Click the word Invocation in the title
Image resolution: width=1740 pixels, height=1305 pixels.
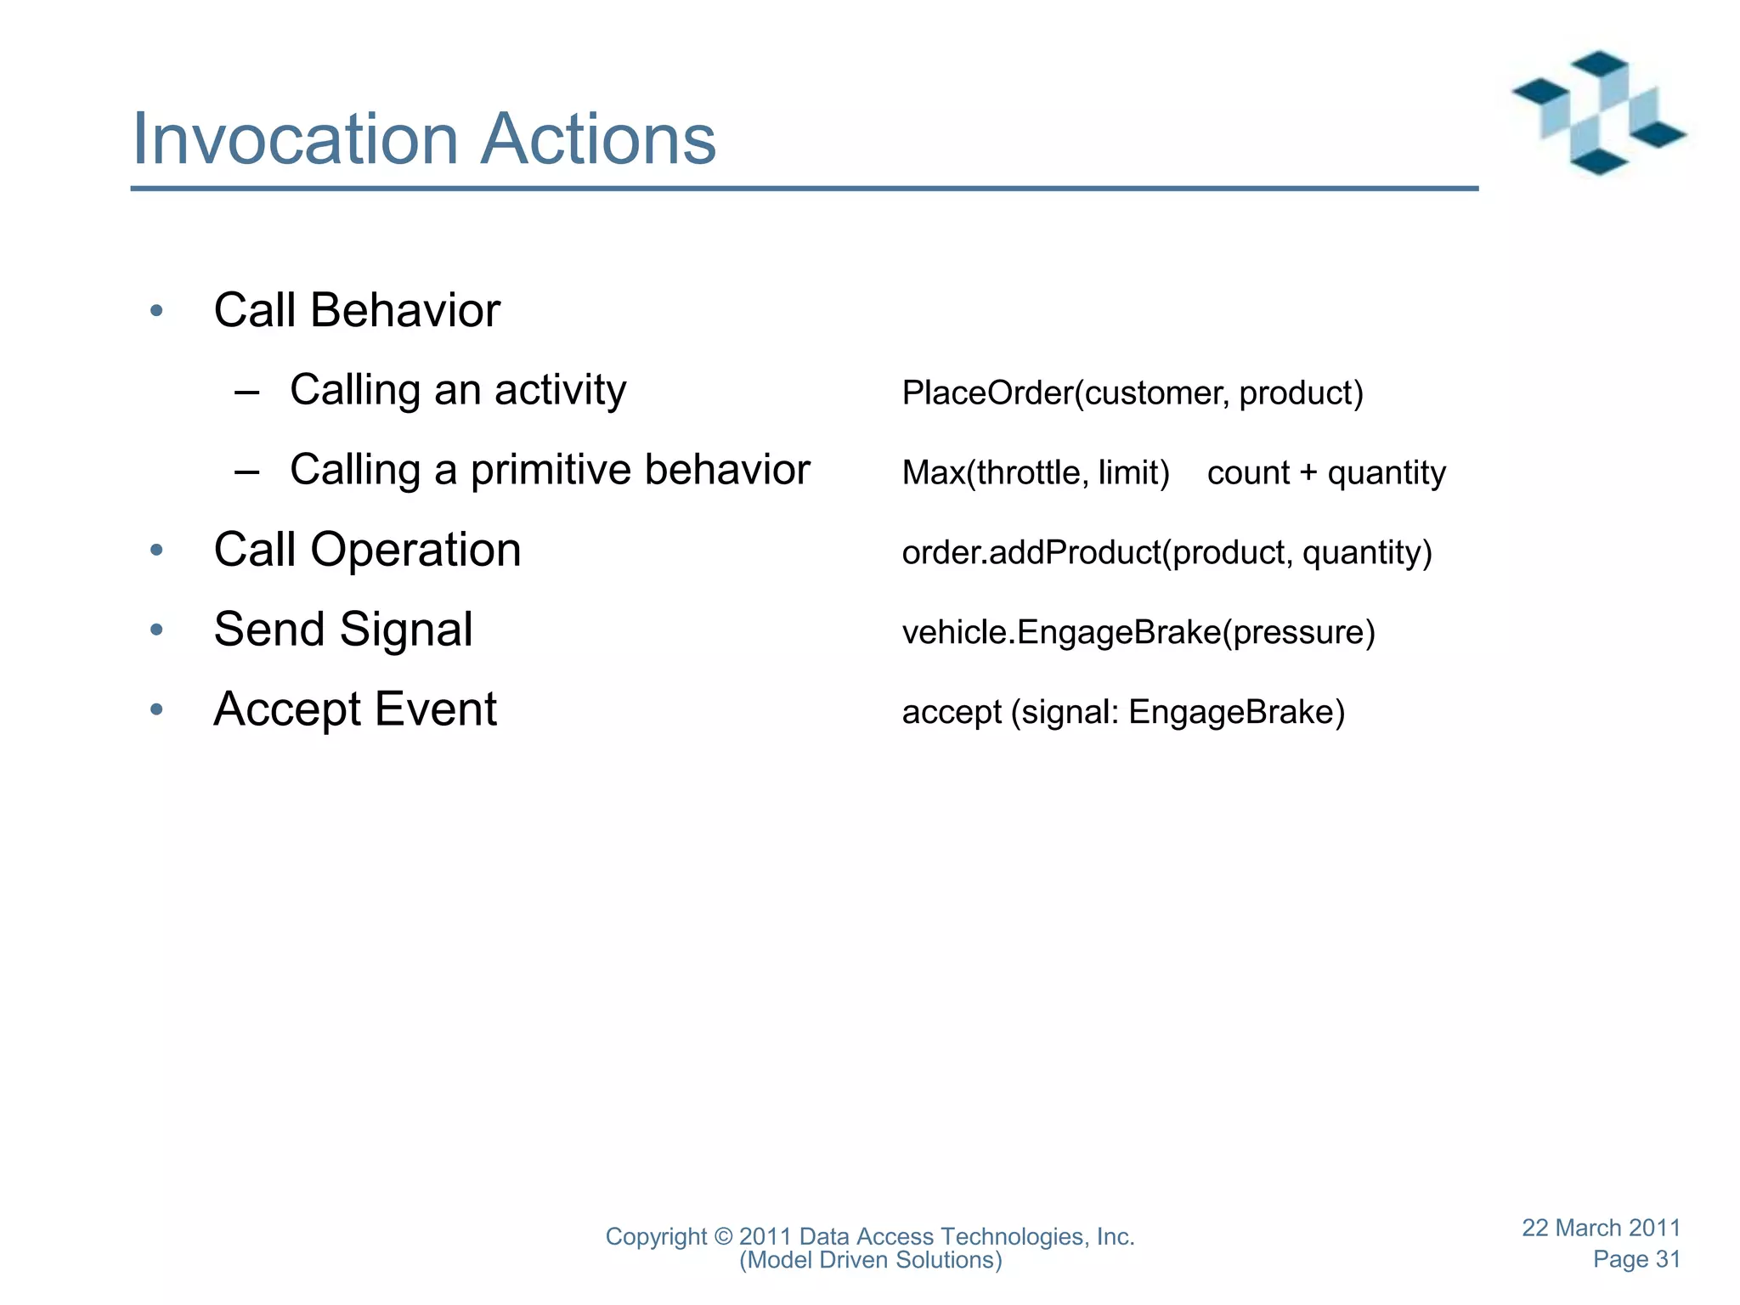(x=296, y=139)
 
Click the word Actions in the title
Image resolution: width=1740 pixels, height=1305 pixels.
(x=598, y=139)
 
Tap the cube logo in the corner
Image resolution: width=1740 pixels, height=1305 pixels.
(x=1597, y=113)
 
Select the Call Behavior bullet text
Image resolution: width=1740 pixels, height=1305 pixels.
(x=357, y=310)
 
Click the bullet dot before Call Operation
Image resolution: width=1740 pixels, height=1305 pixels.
(x=156, y=551)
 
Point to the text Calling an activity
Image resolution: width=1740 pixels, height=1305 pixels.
(x=458, y=391)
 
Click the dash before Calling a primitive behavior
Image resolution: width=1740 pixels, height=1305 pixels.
(x=246, y=472)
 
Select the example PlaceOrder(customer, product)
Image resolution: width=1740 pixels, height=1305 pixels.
(x=1132, y=393)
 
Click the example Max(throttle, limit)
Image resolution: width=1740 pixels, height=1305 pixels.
(x=1036, y=472)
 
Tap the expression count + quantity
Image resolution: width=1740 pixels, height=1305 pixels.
(x=1325, y=472)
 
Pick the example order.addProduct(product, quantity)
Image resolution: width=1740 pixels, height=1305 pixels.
(x=1167, y=553)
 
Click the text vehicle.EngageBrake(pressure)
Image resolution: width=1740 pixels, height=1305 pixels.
(x=1138, y=633)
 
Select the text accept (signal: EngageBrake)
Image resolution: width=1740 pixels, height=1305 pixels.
(x=1123, y=712)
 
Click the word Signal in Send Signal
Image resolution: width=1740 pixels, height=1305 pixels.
(x=405, y=630)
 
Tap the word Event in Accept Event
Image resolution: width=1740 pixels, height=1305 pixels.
(x=435, y=709)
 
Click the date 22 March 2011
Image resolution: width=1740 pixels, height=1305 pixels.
(x=1601, y=1228)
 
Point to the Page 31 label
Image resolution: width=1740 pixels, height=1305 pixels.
(x=1636, y=1259)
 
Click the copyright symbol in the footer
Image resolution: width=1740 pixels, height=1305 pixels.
(x=723, y=1237)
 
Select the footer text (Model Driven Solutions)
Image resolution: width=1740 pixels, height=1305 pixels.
(x=870, y=1260)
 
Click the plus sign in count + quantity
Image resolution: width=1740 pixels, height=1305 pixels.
(x=1308, y=473)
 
